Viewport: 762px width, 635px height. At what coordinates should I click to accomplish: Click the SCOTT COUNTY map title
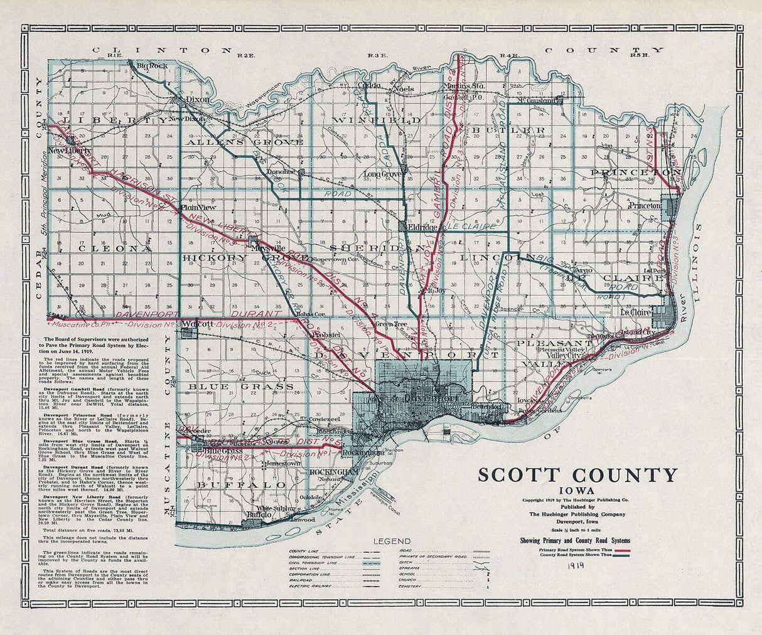[x=577, y=475]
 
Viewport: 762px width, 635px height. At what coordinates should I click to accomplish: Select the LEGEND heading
[x=392, y=541]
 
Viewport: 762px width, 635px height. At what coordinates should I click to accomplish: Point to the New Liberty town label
[x=70, y=151]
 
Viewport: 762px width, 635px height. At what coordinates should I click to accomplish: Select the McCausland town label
[x=537, y=100]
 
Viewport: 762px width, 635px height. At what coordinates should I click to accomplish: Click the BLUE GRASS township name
[x=242, y=386]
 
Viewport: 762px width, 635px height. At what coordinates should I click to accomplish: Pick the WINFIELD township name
[x=377, y=119]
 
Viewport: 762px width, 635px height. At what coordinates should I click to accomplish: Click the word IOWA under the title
[x=578, y=490]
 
